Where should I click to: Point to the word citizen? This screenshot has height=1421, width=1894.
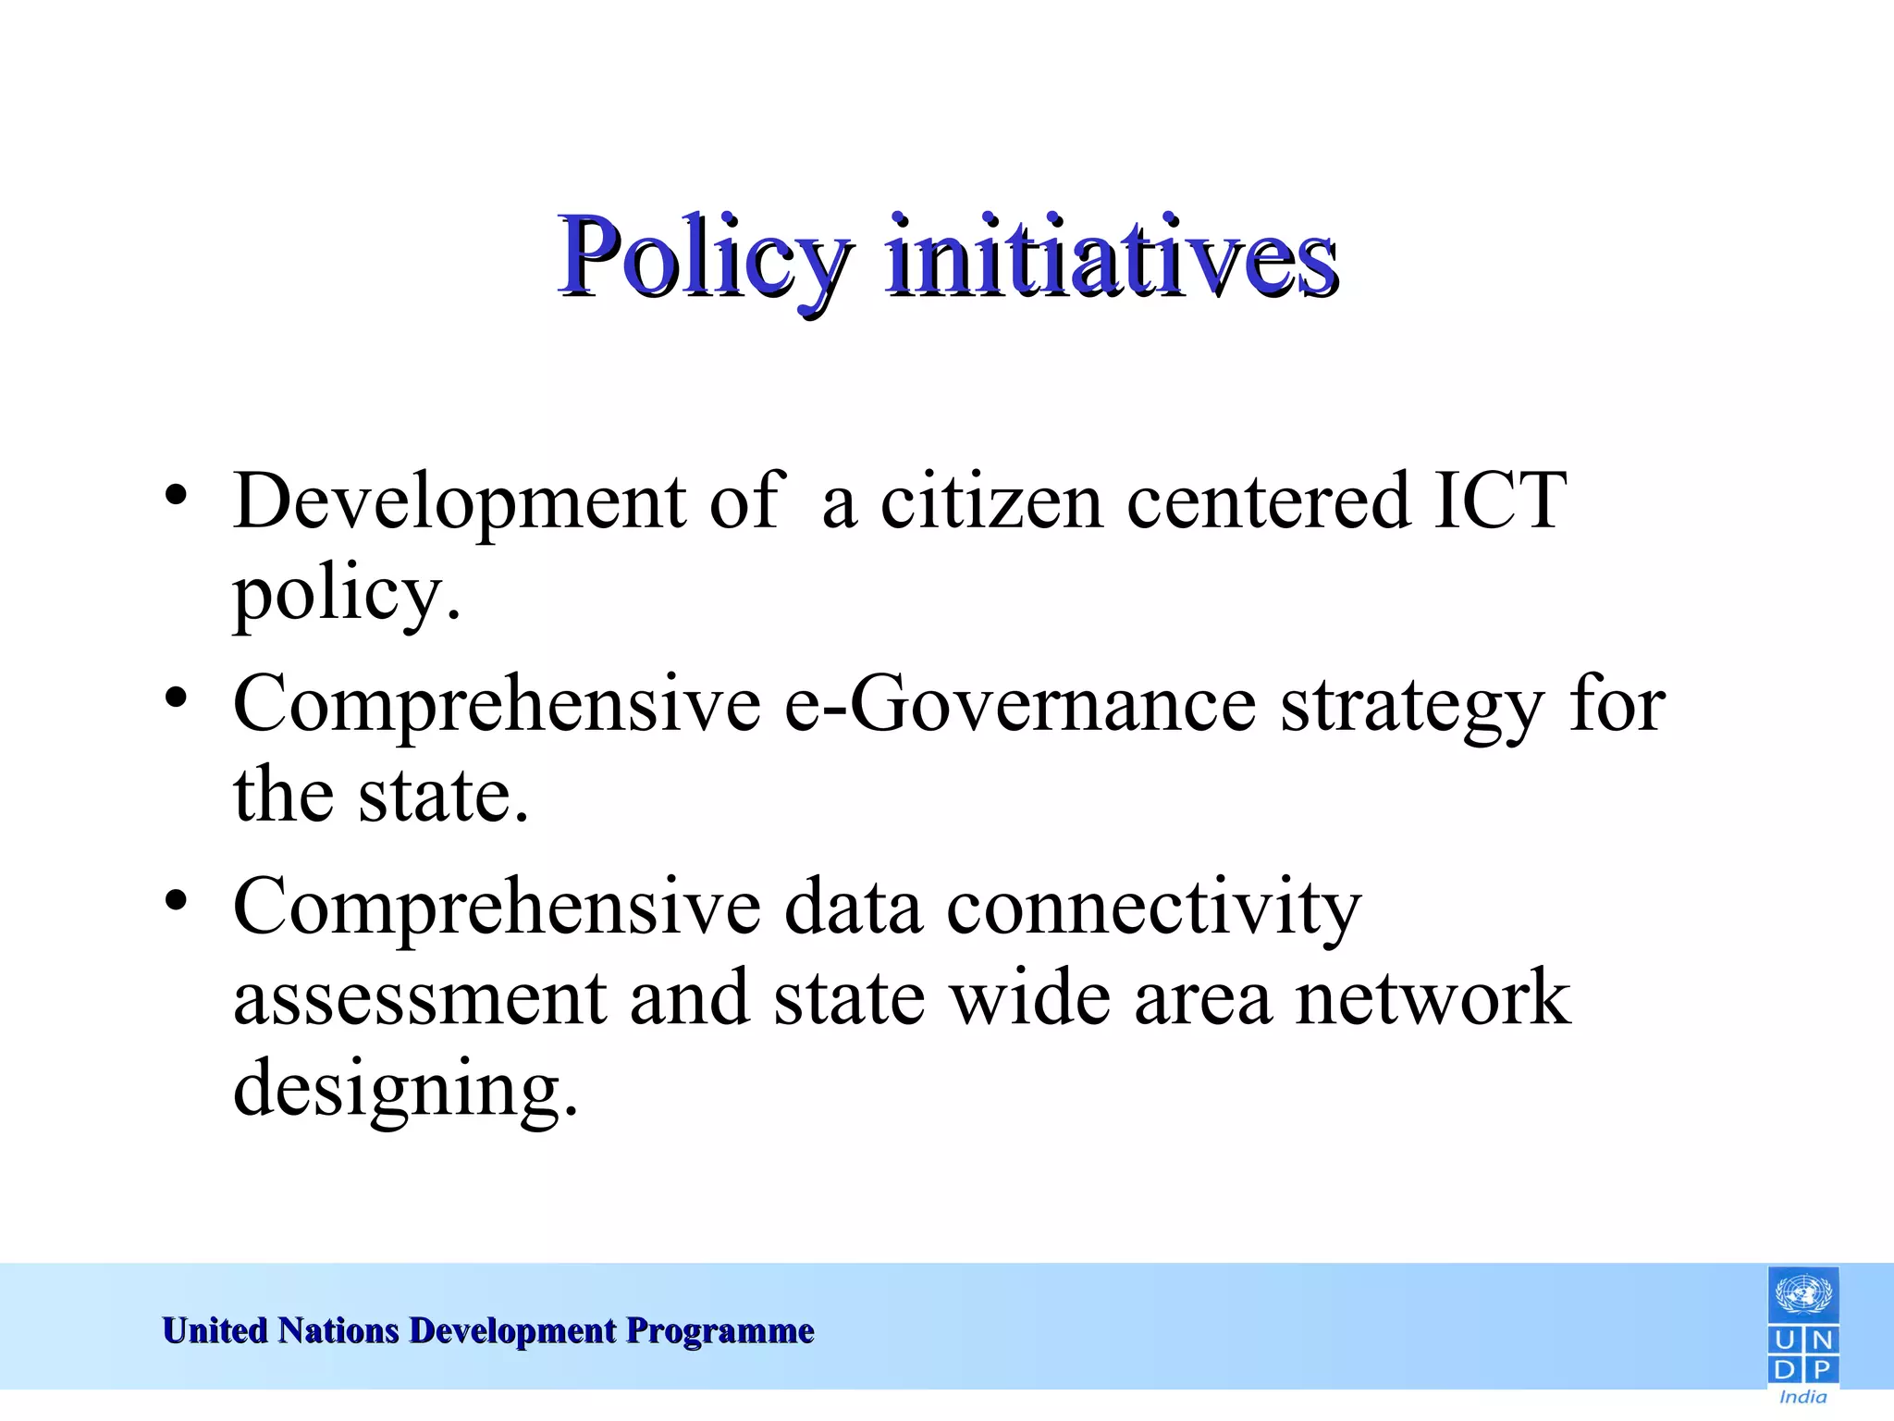point(990,500)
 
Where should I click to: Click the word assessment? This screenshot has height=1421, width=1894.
point(420,998)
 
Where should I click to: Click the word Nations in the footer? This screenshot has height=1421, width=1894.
point(338,1330)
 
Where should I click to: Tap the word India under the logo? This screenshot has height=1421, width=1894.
point(1802,1397)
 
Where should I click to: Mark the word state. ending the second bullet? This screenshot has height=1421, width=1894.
point(443,796)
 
